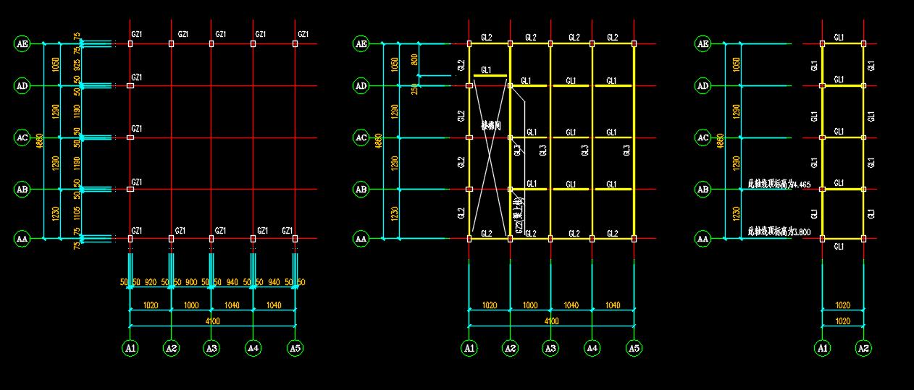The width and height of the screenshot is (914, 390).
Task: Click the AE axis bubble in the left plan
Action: pos(22,44)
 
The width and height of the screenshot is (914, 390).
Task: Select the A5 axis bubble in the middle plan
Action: pos(634,348)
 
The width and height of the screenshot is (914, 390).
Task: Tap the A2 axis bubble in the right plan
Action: pos(863,348)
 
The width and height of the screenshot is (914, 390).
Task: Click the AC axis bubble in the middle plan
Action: pos(361,137)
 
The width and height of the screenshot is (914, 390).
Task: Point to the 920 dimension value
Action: pos(151,281)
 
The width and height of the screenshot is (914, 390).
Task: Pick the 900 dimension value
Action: pos(191,281)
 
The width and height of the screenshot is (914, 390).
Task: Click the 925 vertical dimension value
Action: pos(77,65)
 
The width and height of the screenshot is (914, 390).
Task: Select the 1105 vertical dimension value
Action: pos(77,213)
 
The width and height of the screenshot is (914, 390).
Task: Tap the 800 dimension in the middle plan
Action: pos(414,59)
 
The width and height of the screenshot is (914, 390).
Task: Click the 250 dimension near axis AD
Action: pos(414,90)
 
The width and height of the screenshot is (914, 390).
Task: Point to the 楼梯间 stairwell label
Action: pos(491,126)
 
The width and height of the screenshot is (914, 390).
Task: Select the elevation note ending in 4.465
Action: pos(779,185)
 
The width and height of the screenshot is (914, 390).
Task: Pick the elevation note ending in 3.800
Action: pos(779,232)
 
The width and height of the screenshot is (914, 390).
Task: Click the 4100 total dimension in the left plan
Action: pos(212,321)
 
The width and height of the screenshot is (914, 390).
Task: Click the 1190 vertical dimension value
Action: pos(77,111)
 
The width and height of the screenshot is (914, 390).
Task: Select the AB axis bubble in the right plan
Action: pos(703,190)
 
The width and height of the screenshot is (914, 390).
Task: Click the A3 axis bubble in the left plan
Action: pos(211,348)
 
